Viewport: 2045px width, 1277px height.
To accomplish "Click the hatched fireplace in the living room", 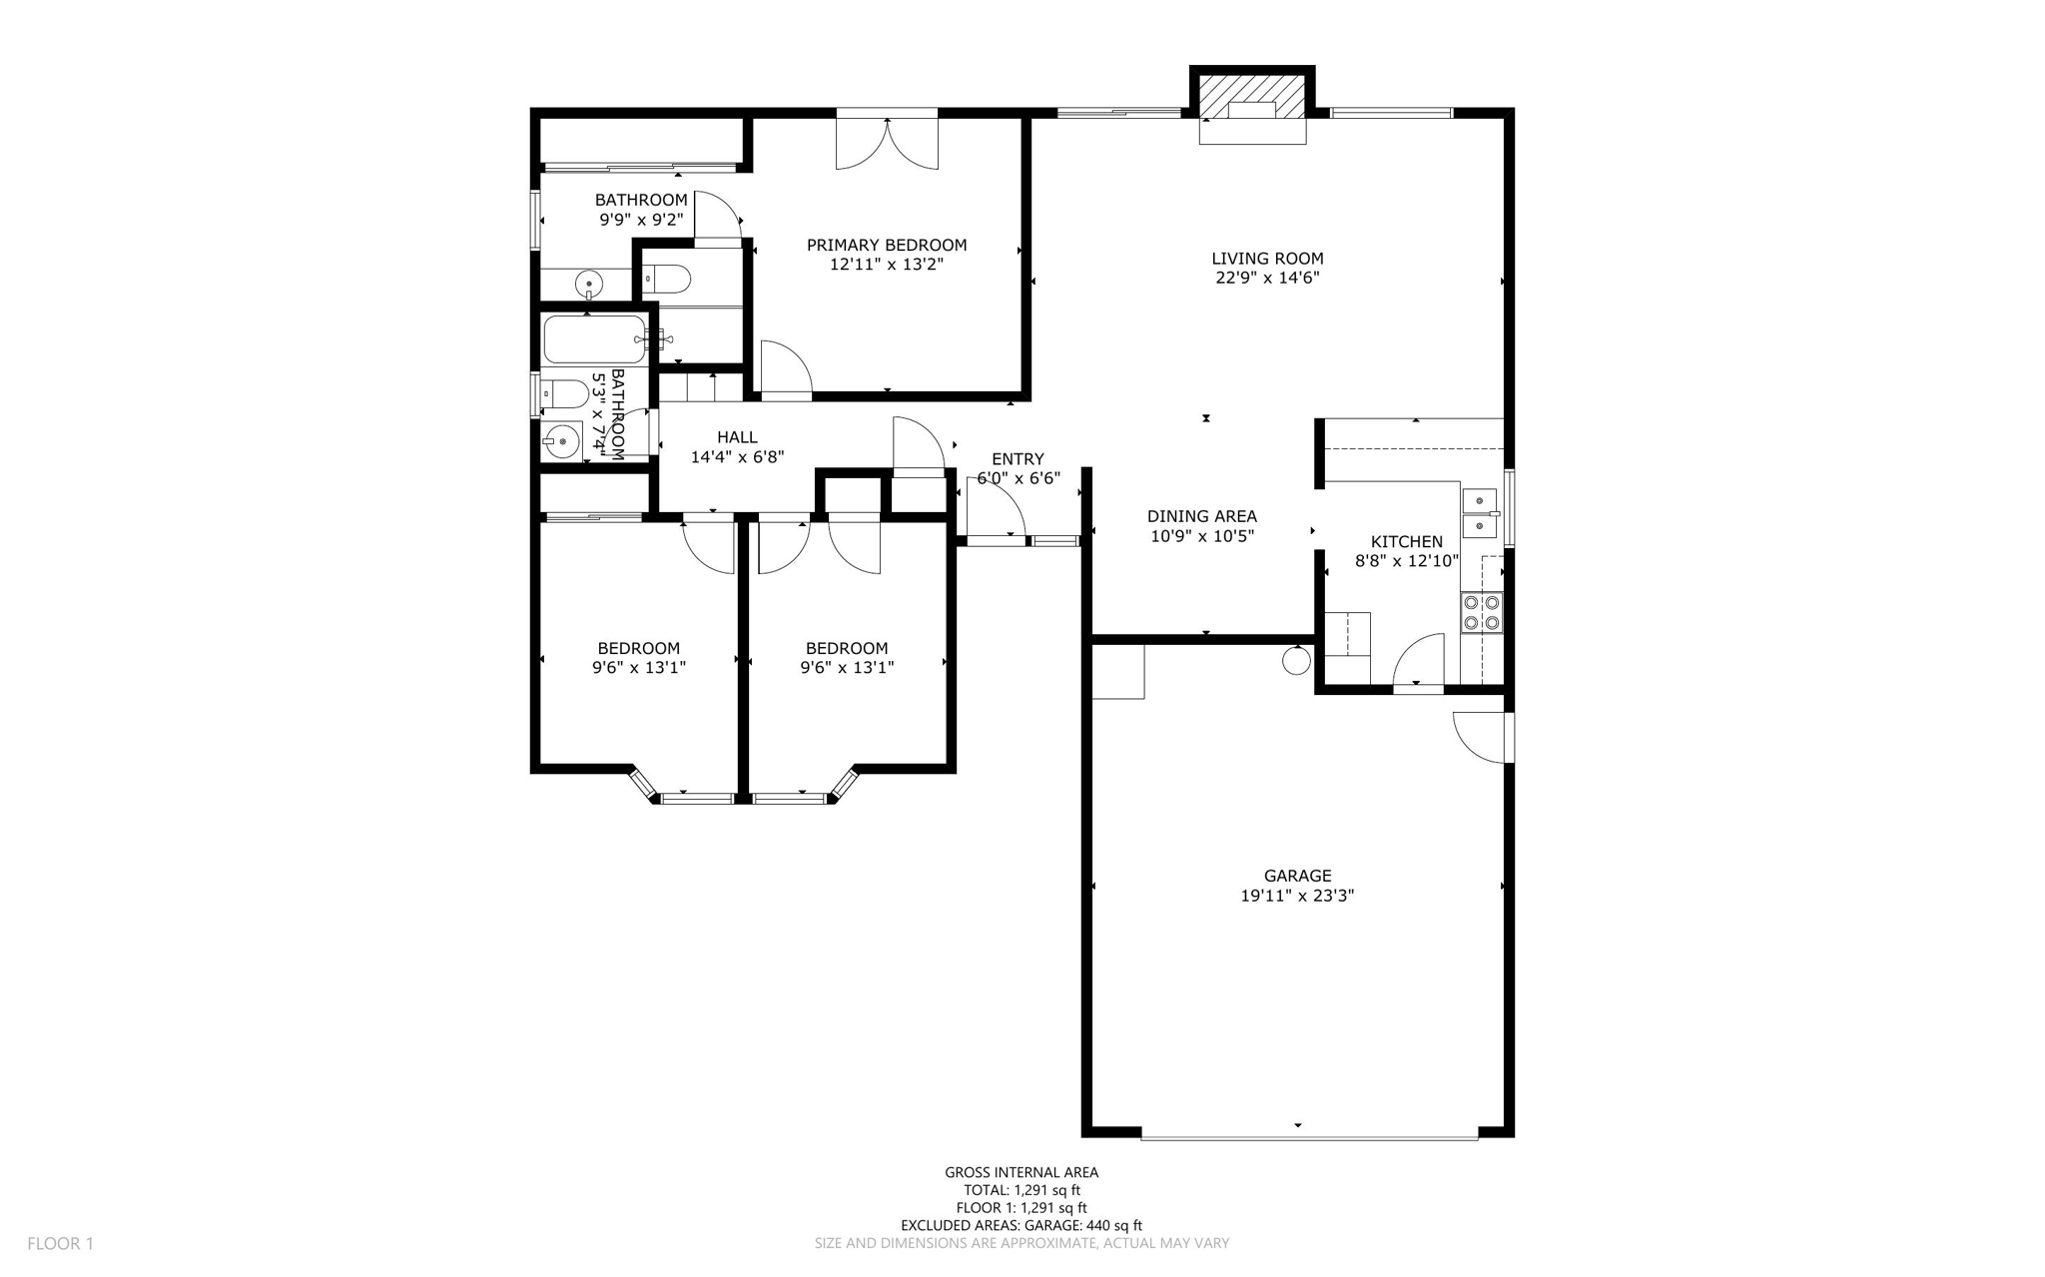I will click(x=1252, y=96).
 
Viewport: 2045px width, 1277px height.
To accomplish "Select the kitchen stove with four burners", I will click(x=1481, y=612).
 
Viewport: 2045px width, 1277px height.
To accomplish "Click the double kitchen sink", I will click(x=1480, y=512).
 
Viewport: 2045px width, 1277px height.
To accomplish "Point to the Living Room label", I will click(x=1267, y=259).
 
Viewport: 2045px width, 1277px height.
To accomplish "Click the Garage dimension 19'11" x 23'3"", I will click(x=1297, y=896).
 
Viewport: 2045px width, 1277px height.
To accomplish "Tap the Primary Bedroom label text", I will click(x=887, y=245).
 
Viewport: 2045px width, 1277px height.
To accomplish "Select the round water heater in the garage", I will click(x=1296, y=660).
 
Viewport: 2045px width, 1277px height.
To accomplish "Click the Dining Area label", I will click(x=1201, y=516).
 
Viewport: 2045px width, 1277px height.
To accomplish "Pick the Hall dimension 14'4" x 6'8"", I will click(x=737, y=457).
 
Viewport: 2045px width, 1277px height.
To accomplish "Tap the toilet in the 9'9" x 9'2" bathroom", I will click(x=667, y=279).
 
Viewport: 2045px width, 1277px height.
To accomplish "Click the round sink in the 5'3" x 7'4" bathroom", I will click(x=563, y=439).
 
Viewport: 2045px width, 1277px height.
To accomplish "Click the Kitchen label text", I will click(x=1406, y=541).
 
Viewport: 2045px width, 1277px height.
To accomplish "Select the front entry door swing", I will click(x=994, y=509).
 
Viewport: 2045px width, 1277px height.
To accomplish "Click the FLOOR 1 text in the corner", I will click(x=60, y=1243).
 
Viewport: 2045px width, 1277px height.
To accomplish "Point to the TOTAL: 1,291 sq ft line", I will click(x=1022, y=1190).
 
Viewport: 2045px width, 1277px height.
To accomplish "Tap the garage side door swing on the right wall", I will click(x=1482, y=737).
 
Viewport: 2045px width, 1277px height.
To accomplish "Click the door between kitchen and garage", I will click(x=1419, y=663).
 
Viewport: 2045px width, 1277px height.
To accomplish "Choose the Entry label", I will click(x=1018, y=458).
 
